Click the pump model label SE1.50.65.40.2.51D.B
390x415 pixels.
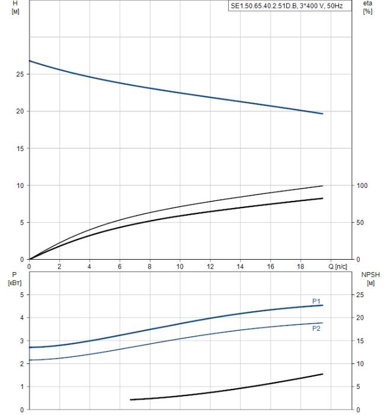tap(264, 6)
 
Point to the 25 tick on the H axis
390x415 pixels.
tap(20, 74)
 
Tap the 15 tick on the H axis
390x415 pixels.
tap(20, 149)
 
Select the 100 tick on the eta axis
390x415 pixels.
tap(362, 186)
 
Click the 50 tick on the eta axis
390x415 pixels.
tap(360, 222)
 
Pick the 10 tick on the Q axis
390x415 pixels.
tap(180, 267)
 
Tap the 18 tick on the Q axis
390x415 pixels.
tap(301, 267)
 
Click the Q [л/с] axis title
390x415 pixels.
tap(338, 267)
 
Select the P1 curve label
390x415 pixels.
tap(316, 301)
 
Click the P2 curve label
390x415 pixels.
tap(316, 328)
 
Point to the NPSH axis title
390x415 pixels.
tap(370, 279)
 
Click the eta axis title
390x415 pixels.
tap(367, 7)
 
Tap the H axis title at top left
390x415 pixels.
tap(15, 7)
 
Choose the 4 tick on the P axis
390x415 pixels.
tap(22, 318)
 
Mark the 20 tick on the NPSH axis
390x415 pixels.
tap(360, 318)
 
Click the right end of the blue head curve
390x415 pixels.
tap(322, 114)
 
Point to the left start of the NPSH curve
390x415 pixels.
tap(130, 400)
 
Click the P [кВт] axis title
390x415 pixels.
tap(15, 279)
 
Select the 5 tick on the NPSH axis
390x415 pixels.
tap(358, 387)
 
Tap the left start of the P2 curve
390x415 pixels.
tap(30, 360)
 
